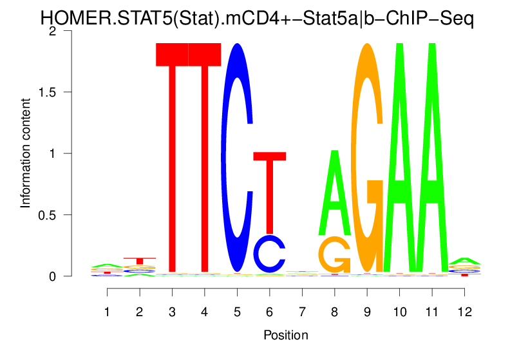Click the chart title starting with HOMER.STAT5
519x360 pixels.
pyautogui.click(x=258, y=17)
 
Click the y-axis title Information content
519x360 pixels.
pyautogui.click(x=25, y=153)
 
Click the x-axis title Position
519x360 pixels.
pyautogui.click(x=285, y=335)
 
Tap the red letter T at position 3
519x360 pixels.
pyautogui.click(x=172, y=155)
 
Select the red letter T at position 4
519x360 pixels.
pyautogui.click(x=205, y=155)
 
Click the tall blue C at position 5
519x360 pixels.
pyautogui.click(x=237, y=158)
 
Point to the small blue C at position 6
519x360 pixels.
pyautogui.click(x=270, y=254)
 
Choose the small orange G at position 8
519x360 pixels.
pyautogui.click(x=334, y=255)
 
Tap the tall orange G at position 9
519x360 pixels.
pyautogui.click(x=367, y=158)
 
